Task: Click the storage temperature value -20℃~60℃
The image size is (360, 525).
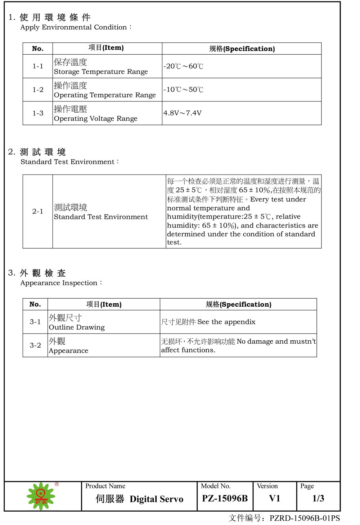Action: (183, 66)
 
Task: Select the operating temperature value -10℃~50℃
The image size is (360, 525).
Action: (183, 90)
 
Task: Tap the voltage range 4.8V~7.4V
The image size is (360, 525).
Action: (183, 113)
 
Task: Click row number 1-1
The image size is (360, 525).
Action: (38, 66)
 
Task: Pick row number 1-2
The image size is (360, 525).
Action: (38, 90)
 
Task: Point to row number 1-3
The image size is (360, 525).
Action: (38, 113)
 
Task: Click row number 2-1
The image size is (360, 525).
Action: (37, 211)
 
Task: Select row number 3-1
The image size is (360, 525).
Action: (35, 322)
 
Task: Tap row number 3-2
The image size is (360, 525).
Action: (35, 345)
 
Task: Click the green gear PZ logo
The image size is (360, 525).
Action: (41, 496)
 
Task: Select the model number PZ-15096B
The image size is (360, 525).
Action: (225, 498)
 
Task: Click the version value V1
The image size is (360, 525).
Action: (275, 498)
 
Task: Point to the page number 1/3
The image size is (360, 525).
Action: (318, 498)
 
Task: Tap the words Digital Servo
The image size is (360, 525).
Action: (157, 499)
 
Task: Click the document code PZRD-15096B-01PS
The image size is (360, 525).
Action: (305, 518)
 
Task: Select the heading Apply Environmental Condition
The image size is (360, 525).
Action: (74, 27)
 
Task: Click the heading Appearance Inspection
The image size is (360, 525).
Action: (59, 283)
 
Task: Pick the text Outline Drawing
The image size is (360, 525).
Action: (77, 327)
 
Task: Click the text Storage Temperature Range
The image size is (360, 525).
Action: (101, 72)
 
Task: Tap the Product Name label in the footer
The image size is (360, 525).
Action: (105, 486)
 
